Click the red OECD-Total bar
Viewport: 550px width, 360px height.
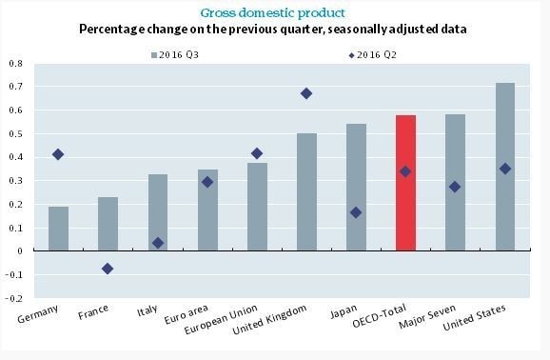404,183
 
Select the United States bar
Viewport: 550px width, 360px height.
504,167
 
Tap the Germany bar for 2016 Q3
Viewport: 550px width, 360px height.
59,229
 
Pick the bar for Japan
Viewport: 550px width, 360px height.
356,187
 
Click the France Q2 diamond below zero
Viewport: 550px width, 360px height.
108,269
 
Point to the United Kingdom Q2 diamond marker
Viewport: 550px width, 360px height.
306,93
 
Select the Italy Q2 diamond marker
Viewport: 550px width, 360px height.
158,243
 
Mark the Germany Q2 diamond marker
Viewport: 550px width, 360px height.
59,154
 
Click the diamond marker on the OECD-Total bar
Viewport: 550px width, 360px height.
405,171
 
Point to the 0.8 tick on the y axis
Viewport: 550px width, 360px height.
16,64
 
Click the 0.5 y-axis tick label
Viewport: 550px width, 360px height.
16,134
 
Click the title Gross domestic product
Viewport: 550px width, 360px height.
276,11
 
